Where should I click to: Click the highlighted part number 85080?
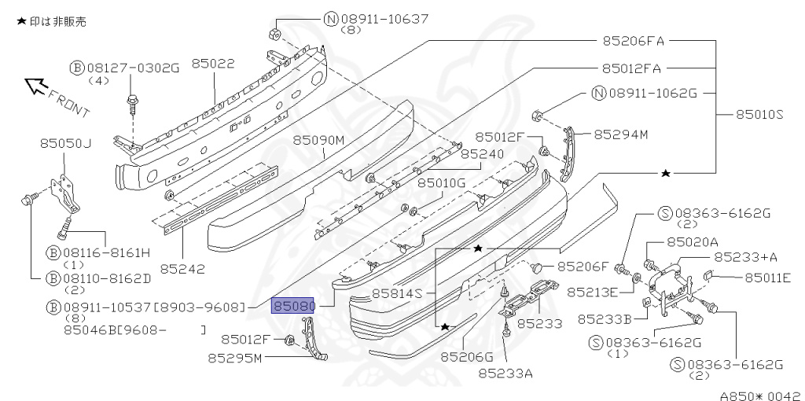tap(293, 305)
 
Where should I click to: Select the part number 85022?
tap(212, 64)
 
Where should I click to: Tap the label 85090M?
tap(319, 140)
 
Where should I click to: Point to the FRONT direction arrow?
tap(36, 85)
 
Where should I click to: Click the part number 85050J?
tap(66, 143)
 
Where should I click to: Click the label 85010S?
tap(759, 115)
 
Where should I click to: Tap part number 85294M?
tap(620, 134)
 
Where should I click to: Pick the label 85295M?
tap(235, 358)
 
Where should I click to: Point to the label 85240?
tap(482, 154)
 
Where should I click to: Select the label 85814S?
tap(398, 293)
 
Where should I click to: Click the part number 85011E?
tap(767, 277)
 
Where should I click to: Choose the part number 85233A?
tap(505, 373)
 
